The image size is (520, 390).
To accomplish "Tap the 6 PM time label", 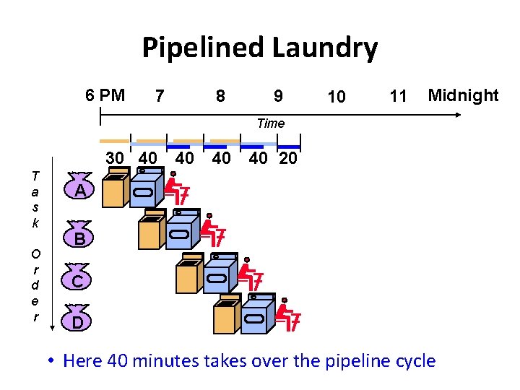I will pyautogui.click(x=105, y=95).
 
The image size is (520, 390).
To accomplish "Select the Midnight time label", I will pyautogui.click(x=463, y=95).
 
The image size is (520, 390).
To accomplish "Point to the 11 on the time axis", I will pyautogui.click(x=398, y=96).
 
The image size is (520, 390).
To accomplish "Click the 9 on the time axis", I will pyautogui.click(x=278, y=96).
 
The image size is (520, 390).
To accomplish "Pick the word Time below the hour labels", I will pyautogui.click(x=271, y=123).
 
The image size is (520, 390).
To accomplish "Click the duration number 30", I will pyautogui.click(x=115, y=158).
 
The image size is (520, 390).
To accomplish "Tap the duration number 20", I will pyautogui.click(x=287, y=158).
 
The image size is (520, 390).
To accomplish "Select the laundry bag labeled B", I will pyautogui.click(x=82, y=235).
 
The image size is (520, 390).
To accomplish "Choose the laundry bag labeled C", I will pyautogui.click(x=83, y=278).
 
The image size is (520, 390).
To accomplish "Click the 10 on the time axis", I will pyautogui.click(x=336, y=97).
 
